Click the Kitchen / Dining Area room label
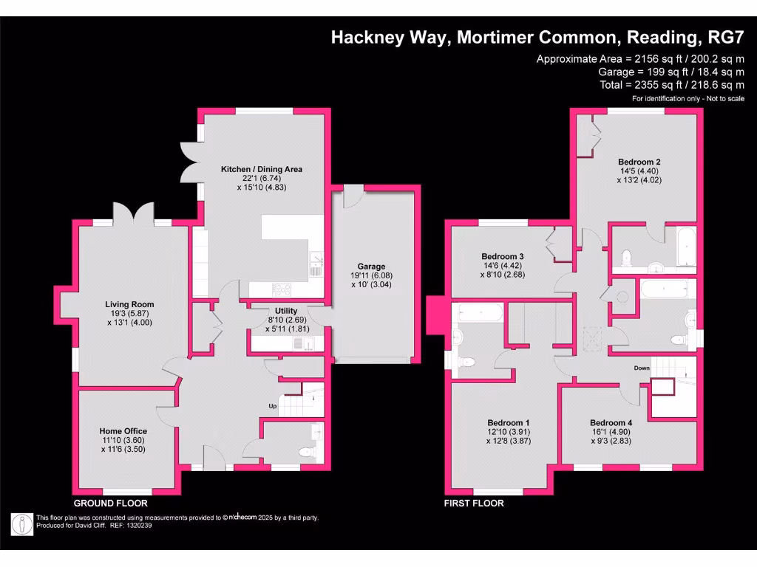(262, 169)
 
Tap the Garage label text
(371, 267)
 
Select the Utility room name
(286, 311)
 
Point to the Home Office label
(123, 431)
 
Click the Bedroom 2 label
(639, 162)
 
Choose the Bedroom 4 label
(610, 423)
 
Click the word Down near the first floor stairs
(641, 367)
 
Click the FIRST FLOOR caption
(474, 503)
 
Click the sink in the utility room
(299, 343)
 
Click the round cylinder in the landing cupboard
(621, 296)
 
